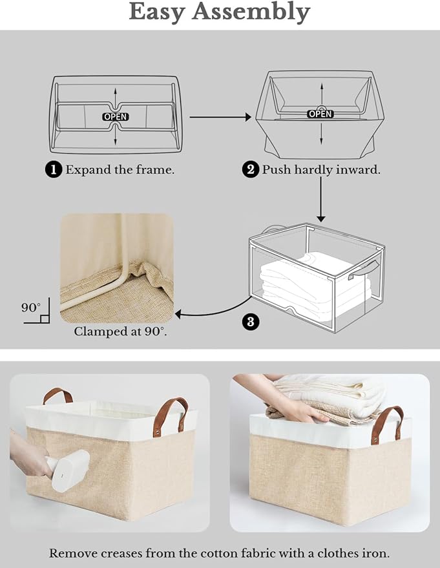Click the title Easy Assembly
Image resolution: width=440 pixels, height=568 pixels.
220,12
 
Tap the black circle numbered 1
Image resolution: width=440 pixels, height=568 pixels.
54,170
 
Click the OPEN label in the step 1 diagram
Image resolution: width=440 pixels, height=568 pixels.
116,117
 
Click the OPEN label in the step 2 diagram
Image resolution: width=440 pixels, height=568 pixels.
320,114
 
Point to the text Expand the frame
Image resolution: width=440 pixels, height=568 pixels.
120,170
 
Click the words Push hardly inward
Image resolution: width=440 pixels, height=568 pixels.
320,170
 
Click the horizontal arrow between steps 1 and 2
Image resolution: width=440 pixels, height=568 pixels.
220,117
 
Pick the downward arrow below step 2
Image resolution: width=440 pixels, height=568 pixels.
320,200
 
